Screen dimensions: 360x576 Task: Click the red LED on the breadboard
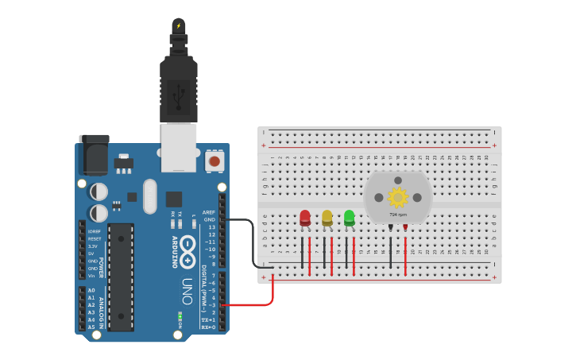305,217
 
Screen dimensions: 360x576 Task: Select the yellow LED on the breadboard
327,217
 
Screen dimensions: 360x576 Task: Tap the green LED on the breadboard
349,216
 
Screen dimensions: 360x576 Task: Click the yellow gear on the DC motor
397,196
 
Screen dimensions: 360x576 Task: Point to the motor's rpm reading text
397,215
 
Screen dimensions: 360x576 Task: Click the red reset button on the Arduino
214,161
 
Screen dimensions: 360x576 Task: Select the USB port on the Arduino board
179,146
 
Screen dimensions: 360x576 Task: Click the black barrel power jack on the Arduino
93,155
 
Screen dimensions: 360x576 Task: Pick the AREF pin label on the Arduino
209,212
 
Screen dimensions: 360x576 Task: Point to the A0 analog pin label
91,290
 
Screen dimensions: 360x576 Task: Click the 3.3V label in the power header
94,246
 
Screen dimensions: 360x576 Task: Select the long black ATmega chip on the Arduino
121,276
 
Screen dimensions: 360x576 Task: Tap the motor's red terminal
405,227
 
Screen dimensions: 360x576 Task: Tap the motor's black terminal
391,227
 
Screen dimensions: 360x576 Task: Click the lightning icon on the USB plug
179,25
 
